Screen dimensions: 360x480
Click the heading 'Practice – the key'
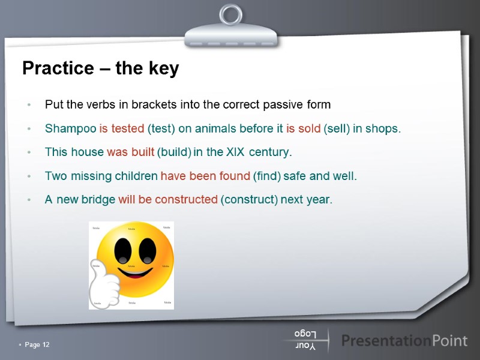coord(100,69)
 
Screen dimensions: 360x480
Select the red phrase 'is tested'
coord(122,128)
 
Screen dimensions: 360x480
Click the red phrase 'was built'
coord(130,152)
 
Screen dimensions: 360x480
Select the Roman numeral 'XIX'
coord(235,152)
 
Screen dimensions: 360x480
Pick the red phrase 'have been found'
coord(205,176)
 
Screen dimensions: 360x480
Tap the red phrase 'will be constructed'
coord(167,200)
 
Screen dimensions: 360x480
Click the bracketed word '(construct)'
coord(249,200)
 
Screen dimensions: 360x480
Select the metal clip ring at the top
coord(230,16)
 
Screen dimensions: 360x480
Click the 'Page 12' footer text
coord(37,344)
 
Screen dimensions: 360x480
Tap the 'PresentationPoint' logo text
coord(404,341)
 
